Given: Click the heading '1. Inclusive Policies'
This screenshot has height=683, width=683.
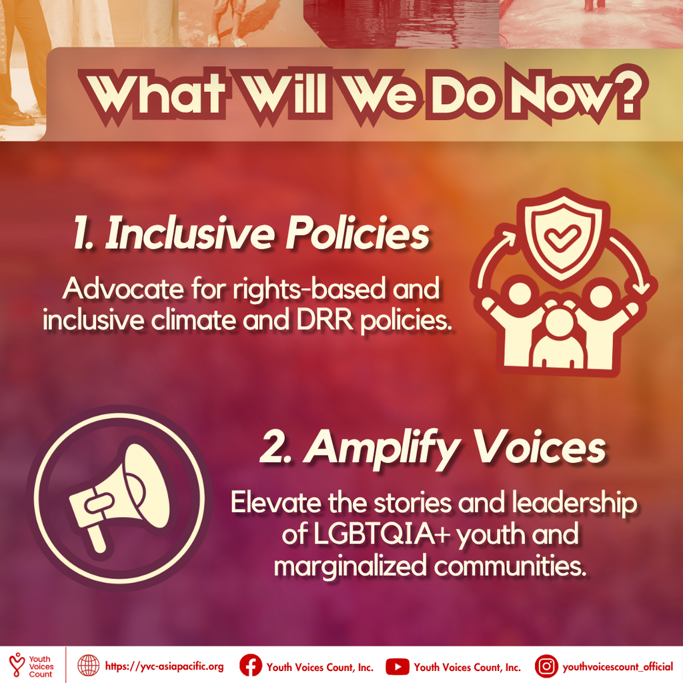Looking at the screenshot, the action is (251, 233).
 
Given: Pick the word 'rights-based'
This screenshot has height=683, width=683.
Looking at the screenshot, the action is (309, 289).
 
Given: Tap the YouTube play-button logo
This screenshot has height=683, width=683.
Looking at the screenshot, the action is (398, 666).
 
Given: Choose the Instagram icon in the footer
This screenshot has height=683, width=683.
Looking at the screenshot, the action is (546, 666).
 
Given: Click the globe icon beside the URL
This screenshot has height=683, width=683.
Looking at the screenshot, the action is (89, 666).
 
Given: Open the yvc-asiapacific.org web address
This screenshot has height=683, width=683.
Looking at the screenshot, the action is (164, 666).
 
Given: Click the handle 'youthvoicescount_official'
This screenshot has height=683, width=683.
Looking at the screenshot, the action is (618, 667).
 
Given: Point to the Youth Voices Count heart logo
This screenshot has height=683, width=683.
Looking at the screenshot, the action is (17, 664).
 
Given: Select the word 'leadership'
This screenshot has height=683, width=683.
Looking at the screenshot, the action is (574, 503).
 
